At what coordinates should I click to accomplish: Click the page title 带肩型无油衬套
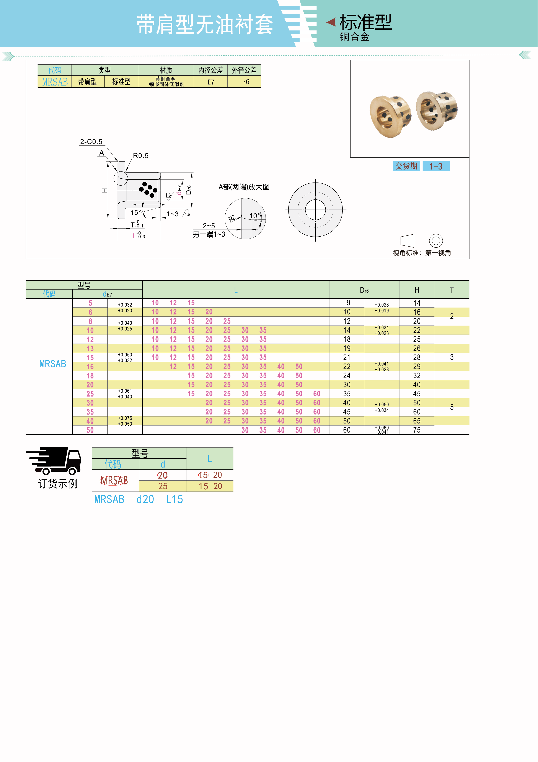click(205, 25)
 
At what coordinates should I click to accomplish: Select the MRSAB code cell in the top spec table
click(55, 82)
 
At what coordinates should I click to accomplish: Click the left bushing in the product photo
click(390, 116)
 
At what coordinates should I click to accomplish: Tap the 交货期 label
click(406, 166)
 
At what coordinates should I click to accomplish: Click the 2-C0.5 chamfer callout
click(91, 142)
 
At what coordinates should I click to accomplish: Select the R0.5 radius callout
click(141, 156)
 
